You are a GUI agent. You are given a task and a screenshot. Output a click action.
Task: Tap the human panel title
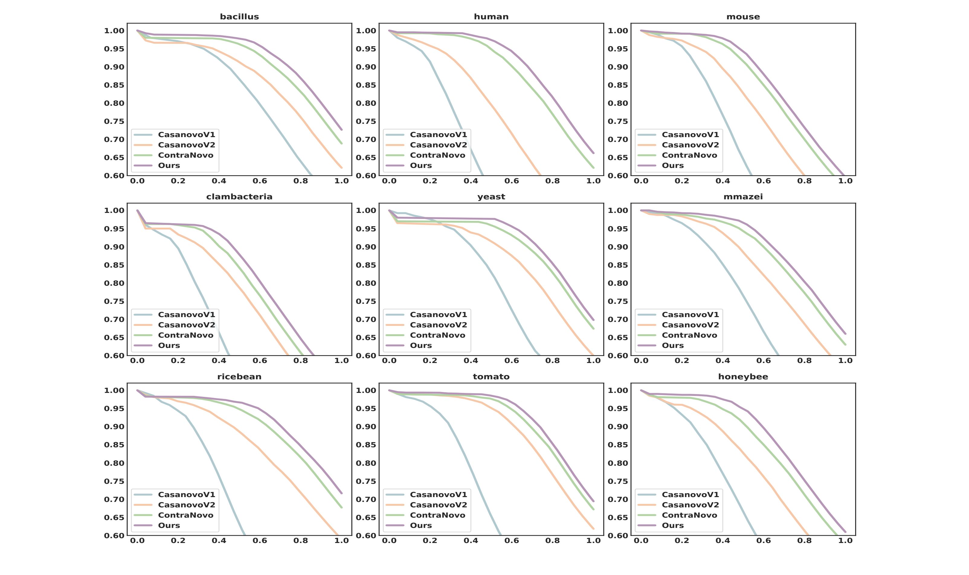[x=491, y=17]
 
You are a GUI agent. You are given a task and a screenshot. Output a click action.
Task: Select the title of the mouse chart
[x=743, y=17]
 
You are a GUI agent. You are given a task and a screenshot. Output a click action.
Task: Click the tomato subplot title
[x=491, y=377]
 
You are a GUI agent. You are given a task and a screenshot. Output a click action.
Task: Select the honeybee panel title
[x=743, y=377]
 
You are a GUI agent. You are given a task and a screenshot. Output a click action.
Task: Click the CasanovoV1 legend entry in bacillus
[x=186, y=134]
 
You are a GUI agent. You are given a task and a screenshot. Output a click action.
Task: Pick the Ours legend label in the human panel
[x=421, y=165]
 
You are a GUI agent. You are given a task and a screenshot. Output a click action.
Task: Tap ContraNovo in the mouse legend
[x=689, y=155]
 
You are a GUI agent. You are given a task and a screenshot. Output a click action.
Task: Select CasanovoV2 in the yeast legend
[x=438, y=325]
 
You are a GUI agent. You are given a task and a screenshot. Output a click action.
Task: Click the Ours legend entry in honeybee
[x=673, y=525]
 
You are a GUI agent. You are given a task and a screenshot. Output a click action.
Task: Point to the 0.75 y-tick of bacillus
[x=114, y=121]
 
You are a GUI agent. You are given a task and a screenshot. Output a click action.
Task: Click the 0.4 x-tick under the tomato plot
[x=471, y=541]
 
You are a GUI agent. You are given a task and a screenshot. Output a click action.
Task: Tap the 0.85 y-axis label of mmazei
[x=618, y=265]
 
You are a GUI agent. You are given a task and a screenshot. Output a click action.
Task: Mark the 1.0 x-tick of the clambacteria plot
[x=341, y=361]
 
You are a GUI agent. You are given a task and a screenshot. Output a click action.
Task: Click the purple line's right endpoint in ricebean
[x=341, y=493]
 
